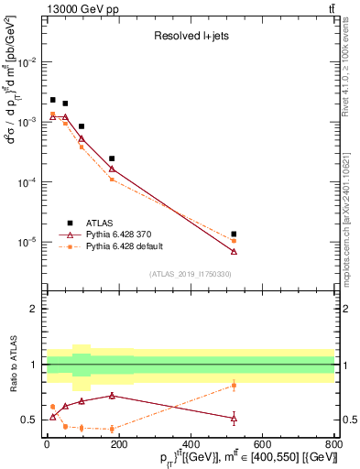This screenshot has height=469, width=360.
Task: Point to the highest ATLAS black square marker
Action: (53, 100)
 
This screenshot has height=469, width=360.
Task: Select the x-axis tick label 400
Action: (190, 446)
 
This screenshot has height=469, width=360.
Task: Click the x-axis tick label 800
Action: (333, 446)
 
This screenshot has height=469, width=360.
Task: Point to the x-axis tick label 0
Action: (47, 446)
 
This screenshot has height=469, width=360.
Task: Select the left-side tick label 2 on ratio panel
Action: (36, 309)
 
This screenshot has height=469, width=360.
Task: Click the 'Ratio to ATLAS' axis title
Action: (14, 364)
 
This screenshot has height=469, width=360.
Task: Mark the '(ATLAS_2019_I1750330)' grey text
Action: (191, 274)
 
